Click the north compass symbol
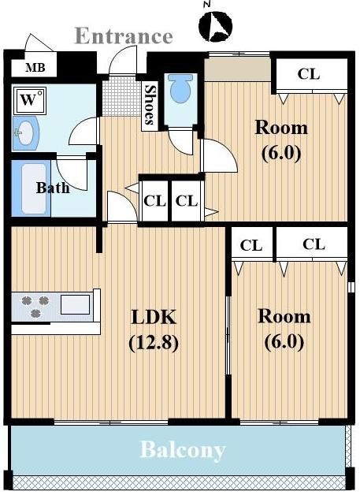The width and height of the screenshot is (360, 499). (215, 26)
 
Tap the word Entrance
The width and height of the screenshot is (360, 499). (124, 35)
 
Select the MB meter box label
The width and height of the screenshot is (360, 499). (35, 68)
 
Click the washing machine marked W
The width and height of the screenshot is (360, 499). (30, 100)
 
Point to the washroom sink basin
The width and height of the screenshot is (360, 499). (25, 133)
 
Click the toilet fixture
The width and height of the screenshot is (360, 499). (180, 88)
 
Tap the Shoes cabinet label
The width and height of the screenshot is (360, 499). (150, 104)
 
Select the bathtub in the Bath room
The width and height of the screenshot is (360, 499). (33, 188)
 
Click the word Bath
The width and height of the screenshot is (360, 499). (53, 188)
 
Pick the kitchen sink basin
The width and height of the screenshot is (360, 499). (75, 304)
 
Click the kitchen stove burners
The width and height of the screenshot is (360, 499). (35, 306)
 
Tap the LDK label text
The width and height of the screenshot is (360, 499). (154, 317)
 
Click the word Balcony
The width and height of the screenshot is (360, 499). (183, 450)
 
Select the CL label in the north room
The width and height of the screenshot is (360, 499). (309, 74)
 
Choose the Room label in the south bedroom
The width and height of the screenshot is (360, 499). (284, 316)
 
